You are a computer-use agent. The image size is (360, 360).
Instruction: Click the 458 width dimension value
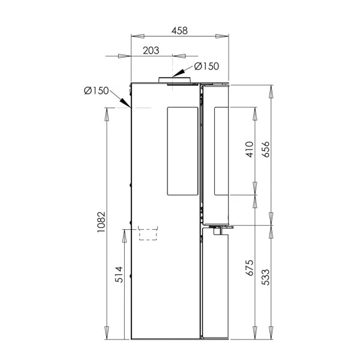click(x=179, y=31)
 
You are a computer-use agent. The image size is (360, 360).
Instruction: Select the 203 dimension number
click(x=151, y=50)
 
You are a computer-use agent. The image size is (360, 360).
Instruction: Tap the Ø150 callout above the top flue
click(x=206, y=66)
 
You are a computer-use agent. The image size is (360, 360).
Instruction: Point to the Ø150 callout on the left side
click(x=96, y=91)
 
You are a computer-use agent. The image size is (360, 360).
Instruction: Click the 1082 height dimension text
click(x=101, y=222)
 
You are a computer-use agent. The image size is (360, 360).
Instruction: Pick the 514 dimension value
click(x=119, y=274)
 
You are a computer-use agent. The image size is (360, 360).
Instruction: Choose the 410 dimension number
click(x=250, y=149)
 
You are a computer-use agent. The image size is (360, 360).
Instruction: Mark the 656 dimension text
click(x=266, y=149)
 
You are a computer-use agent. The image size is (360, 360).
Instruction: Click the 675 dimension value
click(x=250, y=268)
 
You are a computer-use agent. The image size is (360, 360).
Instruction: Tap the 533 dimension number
click(x=266, y=277)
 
